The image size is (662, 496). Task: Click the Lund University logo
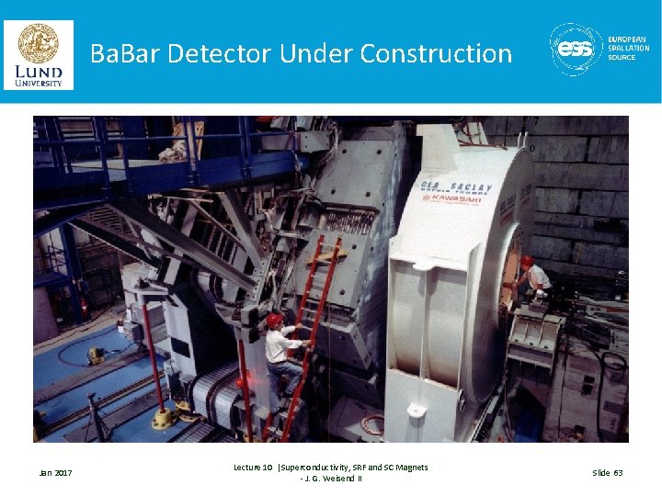pyautogui.click(x=39, y=55)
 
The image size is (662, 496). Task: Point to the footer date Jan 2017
pyautogui.click(x=55, y=473)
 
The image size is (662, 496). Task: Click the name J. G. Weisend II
pyautogui.click(x=331, y=479)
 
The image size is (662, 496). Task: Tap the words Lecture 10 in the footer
pyautogui.click(x=253, y=468)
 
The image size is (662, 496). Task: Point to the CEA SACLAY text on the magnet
pyautogui.click(x=456, y=186)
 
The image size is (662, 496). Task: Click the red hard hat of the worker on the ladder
pyautogui.click(x=274, y=320)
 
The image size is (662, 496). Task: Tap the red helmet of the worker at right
pyautogui.click(x=527, y=262)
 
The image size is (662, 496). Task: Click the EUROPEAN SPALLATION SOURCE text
pyautogui.click(x=629, y=49)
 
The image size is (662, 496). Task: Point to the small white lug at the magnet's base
pyautogui.click(x=417, y=409)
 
